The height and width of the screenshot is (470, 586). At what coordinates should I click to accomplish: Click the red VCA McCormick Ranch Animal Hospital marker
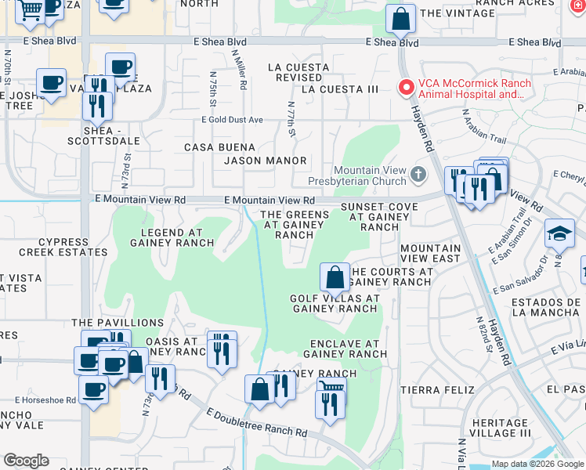406,89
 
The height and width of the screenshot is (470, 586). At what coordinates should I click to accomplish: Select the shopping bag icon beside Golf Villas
335,277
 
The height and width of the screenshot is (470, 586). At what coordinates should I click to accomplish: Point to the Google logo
26,461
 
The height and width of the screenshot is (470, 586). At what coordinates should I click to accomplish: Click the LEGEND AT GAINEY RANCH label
172,237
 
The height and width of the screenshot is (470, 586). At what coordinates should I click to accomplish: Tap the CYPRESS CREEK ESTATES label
54,247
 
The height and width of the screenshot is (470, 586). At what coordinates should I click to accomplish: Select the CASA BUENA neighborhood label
219,147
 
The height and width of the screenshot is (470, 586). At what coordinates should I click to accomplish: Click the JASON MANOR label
265,161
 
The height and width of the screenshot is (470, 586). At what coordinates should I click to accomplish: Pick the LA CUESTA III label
339,89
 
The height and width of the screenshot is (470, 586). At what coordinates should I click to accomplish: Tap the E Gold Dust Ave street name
232,120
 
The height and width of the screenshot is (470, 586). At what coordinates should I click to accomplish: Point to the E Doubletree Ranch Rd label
257,422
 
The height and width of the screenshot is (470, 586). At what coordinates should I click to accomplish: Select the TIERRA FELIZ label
437,389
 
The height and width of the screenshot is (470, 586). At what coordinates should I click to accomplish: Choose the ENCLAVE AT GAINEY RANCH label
344,349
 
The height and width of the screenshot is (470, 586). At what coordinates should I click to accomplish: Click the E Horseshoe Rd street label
38,399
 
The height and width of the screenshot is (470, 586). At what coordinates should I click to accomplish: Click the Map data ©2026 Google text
537,464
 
